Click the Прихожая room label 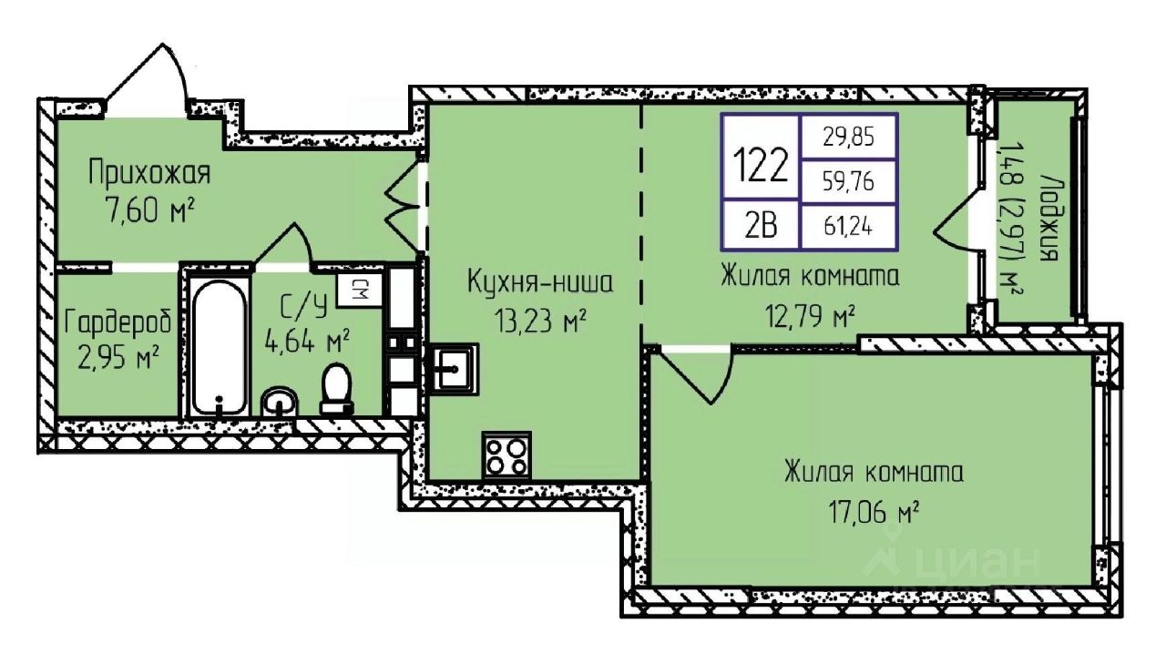pos(149,173)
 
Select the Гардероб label pos(118,322)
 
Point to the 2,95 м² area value pos(118,359)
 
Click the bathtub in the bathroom pos(219,346)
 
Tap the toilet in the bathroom pos(336,388)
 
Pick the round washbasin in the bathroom pos(280,402)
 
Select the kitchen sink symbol pos(450,370)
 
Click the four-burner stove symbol pos(506,455)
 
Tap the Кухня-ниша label pos(540,282)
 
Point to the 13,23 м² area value pos(540,321)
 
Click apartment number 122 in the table pos(761,165)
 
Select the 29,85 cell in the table pos(848,137)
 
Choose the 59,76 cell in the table pos(848,181)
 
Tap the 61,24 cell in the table pos(848,227)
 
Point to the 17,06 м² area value pos(873,512)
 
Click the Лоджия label pos(1048,218)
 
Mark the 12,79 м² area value pos(810,315)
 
